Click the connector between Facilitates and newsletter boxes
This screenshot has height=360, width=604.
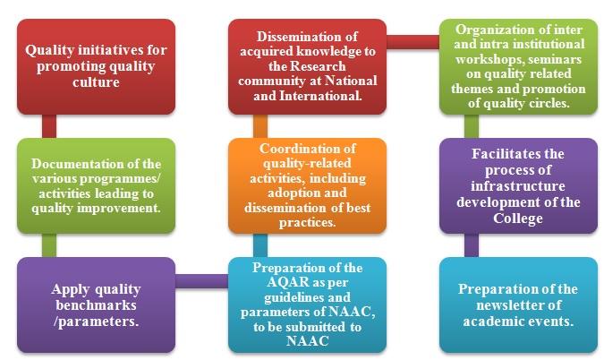pos(465,240)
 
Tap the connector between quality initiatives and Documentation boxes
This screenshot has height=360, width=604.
pos(49,124)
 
